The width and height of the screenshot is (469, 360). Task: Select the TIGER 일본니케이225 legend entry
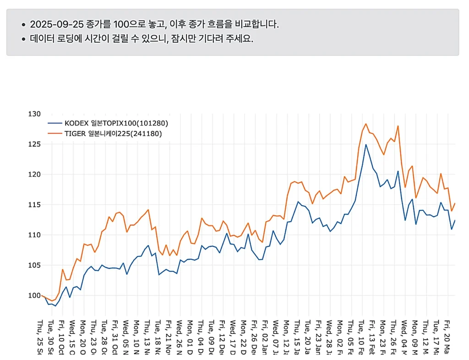pos(113,134)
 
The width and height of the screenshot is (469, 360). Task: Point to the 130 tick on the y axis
pos(35,114)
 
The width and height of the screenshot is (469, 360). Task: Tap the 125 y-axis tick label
pos(35,144)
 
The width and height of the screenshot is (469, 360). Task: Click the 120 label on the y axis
pos(35,175)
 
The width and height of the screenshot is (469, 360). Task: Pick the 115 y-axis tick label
pos(35,205)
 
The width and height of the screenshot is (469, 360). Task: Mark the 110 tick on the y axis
pos(35,235)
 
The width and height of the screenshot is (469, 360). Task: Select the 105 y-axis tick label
pos(35,265)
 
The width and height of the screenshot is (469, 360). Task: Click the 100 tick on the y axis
pos(35,295)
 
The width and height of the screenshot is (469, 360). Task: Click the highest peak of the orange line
pos(366,124)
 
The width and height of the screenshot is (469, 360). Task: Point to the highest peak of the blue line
pos(366,145)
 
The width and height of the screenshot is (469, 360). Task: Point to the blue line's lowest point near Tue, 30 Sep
pos(55,305)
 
